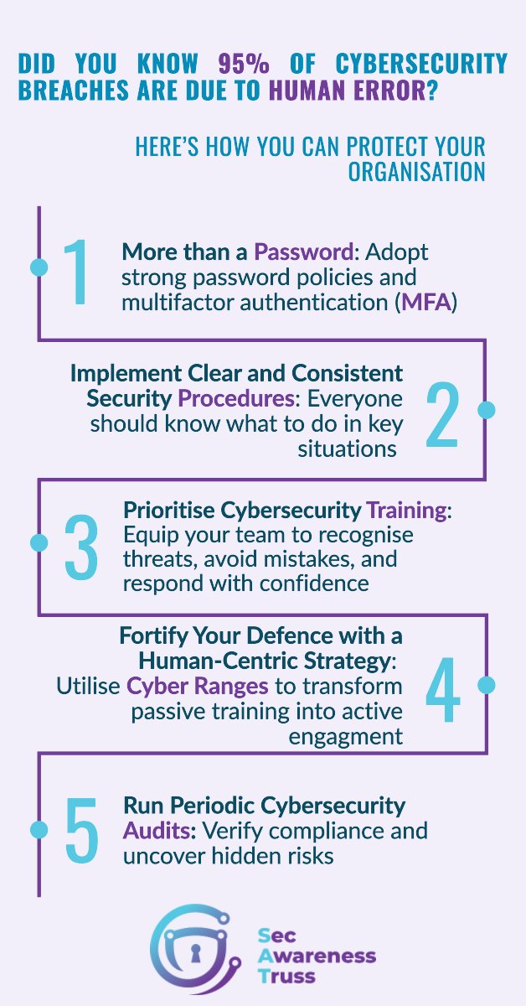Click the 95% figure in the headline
(243, 64)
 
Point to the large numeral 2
(441, 410)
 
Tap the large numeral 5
(81, 830)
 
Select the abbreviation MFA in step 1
(426, 302)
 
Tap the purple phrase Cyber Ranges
(198, 687)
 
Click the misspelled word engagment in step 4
(346, 736)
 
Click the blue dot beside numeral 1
(39, 267)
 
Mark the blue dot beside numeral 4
(487, 685)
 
